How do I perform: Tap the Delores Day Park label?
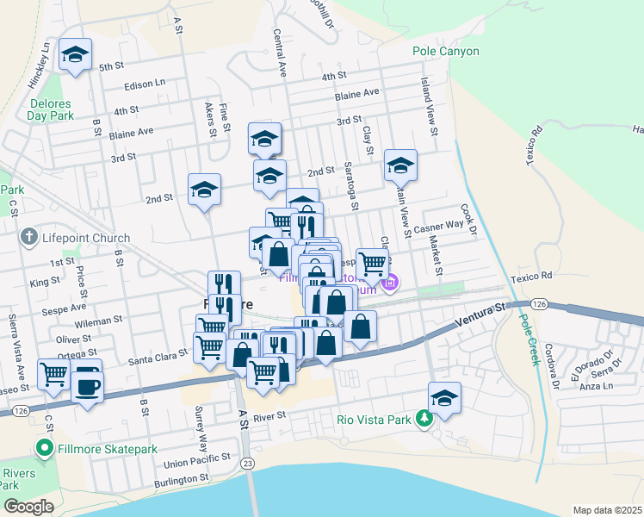click(49, 108)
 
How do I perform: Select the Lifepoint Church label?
click(84, 238)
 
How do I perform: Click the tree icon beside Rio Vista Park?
click(424, 419)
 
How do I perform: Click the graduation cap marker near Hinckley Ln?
click(76, 56)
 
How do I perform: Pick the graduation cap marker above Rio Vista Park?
click(444, 398)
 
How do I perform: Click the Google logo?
click(28, 507)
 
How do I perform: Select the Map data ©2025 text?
click(606, 510)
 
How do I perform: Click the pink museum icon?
click(391, 282)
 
